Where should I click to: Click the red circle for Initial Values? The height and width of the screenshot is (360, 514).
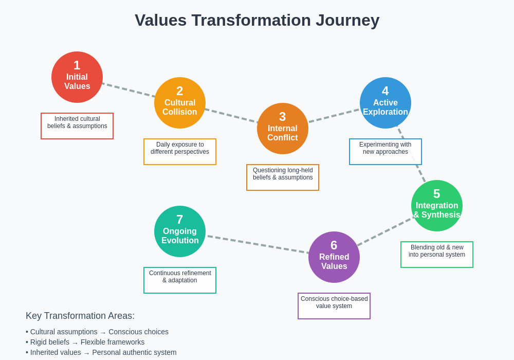pyautogui.click(x=77, y=77)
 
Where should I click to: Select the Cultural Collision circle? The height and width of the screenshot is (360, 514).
pyautogui.click(x=180, y=103)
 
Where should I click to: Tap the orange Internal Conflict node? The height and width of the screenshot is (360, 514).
pyautogui.click(x=283, y=129)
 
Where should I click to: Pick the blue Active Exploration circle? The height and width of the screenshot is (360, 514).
pyautogui.click(x=385, y=103)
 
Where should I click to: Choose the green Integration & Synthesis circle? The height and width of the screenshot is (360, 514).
pyautogui.click(x=437, y=206)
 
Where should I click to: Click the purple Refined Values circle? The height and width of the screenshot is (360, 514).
pyautogui.click(x=334, y=257)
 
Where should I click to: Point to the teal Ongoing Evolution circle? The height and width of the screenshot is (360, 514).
pyautogui.click(x=180, y=231)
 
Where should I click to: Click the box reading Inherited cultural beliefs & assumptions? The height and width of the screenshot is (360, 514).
pyautogui.click(x=77, y=126)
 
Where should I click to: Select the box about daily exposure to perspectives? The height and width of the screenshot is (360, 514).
pyautogui.click(x=180, y=152)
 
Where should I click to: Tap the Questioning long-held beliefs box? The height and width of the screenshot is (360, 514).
pyautogui.click(x=283, y=177)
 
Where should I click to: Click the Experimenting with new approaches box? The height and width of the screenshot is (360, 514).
pyautogui.click(x=385, y=152)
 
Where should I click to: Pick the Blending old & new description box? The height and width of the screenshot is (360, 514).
pyautogui.click(x=437, y=255)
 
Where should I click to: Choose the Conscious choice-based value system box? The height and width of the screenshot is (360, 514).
pyautogui.click(x=334, y=306)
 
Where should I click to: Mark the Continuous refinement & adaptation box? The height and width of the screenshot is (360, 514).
pyautogui.click(x=180, y=280)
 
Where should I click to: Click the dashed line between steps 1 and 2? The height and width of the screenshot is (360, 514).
pyautogui.click(x=128, y=90)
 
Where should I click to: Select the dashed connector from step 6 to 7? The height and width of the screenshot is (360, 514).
pyautogui.click(x=257, y=244)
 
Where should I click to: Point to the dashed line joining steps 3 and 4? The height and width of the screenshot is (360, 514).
pyautogui.click(x=334, y=116)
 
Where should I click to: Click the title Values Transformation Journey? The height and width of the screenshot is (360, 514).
pyautogui.click(x=257, y=20)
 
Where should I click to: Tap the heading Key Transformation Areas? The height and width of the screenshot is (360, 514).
pyautogui.click(x=80, y=316)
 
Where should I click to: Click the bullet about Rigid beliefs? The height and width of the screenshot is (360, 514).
pyautogui.click(x=85, y=342)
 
